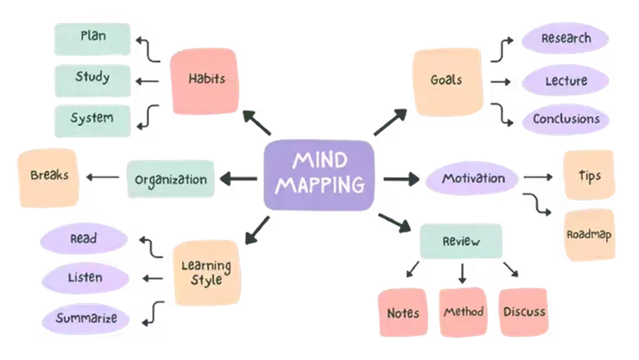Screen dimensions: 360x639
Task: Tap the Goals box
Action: point(446,81)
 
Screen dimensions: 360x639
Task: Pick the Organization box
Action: point(171,180)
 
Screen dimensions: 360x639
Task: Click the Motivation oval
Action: point(472,179)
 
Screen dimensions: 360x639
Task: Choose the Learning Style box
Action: point(206,272)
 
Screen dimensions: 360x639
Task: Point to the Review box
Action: point(460,242)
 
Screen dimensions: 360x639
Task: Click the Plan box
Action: point(92,36)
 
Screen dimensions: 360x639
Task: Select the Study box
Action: point(92,78)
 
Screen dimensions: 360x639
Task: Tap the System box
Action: point(92,117)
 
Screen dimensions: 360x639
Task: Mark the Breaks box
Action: point(48,176)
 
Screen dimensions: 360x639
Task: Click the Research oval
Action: point(566,39)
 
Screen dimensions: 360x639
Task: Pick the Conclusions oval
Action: point(566,118)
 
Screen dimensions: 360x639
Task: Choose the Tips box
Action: point(590,176)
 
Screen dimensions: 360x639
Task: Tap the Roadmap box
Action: point(590,235)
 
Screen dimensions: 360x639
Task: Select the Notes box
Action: point(403,312)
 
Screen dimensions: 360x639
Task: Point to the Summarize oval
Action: point(87,318)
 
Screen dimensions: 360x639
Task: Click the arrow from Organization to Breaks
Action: point(103,178)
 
